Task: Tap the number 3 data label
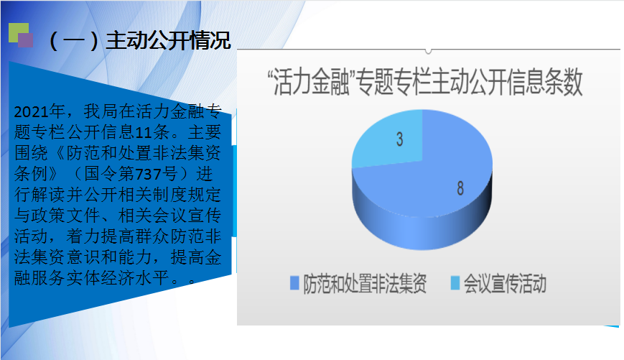(x=399, y=139)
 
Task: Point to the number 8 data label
(x=460, y=188)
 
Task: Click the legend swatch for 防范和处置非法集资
(x=294, y=282)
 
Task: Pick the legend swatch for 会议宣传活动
(x=455, y=282)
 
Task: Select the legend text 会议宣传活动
(x=505, y=284)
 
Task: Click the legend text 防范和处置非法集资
(x=365, y=284)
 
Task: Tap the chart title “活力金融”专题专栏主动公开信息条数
(x=425, y=82)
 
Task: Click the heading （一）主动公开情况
(x=139, y=41)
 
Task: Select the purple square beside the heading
(x=25, y=41)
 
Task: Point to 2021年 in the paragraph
(x=39, y=111)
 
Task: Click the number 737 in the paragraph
(x=148, y=174)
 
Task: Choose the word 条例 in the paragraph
(x=32, y=174)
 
